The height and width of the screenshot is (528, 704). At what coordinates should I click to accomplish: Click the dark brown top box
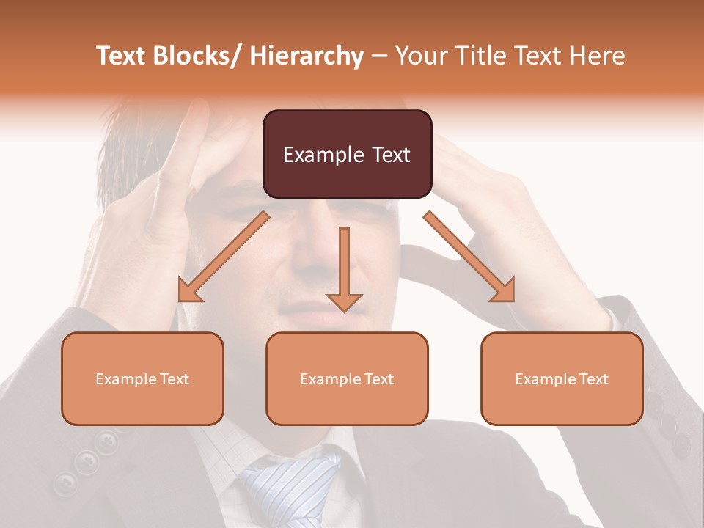point(347,154)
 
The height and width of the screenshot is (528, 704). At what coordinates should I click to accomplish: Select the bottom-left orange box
point(142,378)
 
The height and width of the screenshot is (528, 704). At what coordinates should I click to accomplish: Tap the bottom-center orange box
point(347,378)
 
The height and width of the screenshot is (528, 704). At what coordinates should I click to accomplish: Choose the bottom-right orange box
point(562,378)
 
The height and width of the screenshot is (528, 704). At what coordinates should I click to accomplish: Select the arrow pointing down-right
point(470,257)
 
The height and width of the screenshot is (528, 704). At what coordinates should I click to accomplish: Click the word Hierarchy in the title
point(307,56)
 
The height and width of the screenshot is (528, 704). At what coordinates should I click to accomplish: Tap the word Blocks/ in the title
point(194,56)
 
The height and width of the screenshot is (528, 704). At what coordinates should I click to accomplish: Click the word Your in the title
point(420,56)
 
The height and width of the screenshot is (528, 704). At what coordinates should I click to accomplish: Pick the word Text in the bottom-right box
point(593,379)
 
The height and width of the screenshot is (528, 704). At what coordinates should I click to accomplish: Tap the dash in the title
point(378,56)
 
